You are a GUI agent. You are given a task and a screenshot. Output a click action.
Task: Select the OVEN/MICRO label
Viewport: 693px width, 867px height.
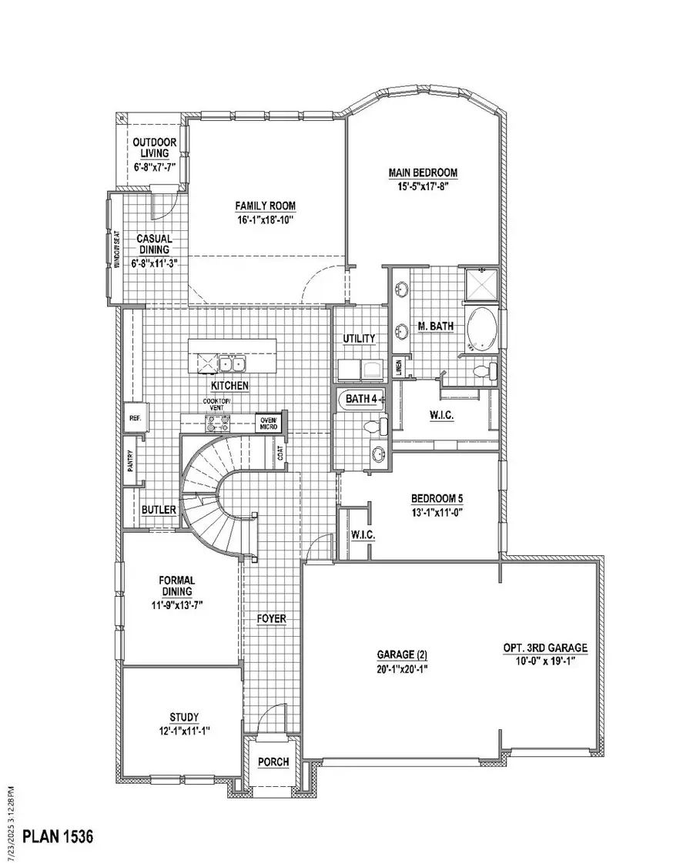268,422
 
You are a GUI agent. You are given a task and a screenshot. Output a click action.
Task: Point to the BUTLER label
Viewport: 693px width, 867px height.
159,510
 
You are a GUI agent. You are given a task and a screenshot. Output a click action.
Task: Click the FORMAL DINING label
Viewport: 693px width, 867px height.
177,585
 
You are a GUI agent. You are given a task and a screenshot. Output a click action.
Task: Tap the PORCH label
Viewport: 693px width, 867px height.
273,762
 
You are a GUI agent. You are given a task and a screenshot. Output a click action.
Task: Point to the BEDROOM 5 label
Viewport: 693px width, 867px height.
436,497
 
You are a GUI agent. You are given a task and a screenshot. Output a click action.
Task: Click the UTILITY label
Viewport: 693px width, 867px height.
360,338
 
